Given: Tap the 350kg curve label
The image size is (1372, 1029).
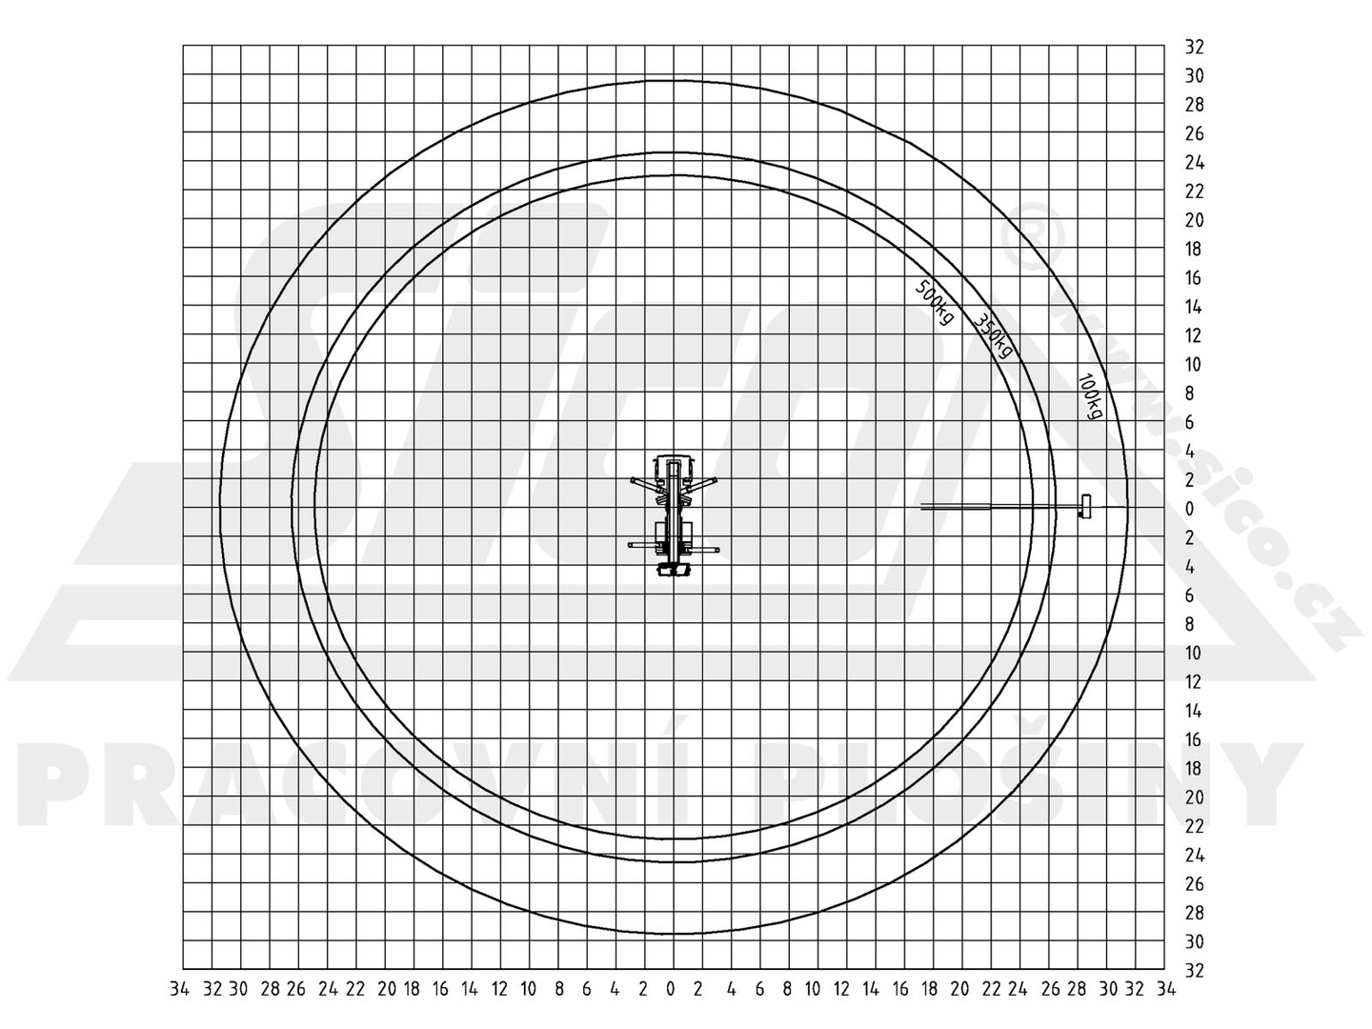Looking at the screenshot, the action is click(x=993, y=335).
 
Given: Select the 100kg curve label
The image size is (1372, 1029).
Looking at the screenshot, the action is click(x=1091, y=396).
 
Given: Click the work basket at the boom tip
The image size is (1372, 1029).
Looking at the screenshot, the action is click(x=1085, y=506).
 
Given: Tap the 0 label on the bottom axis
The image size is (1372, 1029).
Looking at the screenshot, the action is click(x=671, y=989).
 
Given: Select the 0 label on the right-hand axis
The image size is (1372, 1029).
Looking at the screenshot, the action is click(x=1189, y=509).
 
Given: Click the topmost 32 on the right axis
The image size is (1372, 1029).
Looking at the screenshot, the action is click(x=1194, y=47).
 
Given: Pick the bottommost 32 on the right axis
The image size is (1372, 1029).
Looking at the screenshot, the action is click(x=1194, y=970).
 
